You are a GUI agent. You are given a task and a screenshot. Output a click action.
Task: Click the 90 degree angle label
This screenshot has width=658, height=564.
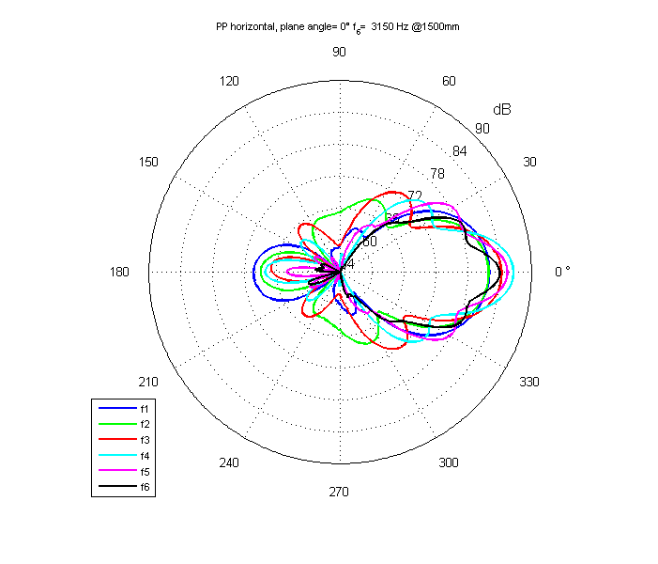[x=339, y=51]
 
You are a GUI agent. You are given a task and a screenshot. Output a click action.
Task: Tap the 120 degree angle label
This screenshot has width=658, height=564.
[x=228, y=81]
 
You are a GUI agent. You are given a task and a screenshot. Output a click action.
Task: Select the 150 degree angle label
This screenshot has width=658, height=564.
[x=148, y=162]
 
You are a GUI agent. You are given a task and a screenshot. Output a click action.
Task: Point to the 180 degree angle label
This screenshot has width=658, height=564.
[x=119, y=273]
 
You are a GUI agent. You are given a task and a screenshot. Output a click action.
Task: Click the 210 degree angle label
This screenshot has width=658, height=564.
[x=148, y=382]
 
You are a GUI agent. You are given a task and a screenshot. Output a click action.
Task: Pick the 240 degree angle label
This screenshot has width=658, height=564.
[x=228, y=462]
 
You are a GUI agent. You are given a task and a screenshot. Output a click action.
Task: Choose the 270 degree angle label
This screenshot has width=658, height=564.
[x=339, y=493]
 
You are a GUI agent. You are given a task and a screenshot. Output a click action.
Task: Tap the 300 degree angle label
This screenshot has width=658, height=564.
[x=449, y=462]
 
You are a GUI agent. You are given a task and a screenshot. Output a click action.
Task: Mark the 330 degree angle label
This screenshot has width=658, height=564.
[x=529, y=382]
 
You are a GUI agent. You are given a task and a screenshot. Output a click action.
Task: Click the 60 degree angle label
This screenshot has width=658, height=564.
[x=449, y=81]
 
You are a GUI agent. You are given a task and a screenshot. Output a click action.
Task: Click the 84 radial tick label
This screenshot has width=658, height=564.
[x=459, y=151]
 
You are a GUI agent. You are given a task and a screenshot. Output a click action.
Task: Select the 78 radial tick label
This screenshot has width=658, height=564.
[x=436, y=174]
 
